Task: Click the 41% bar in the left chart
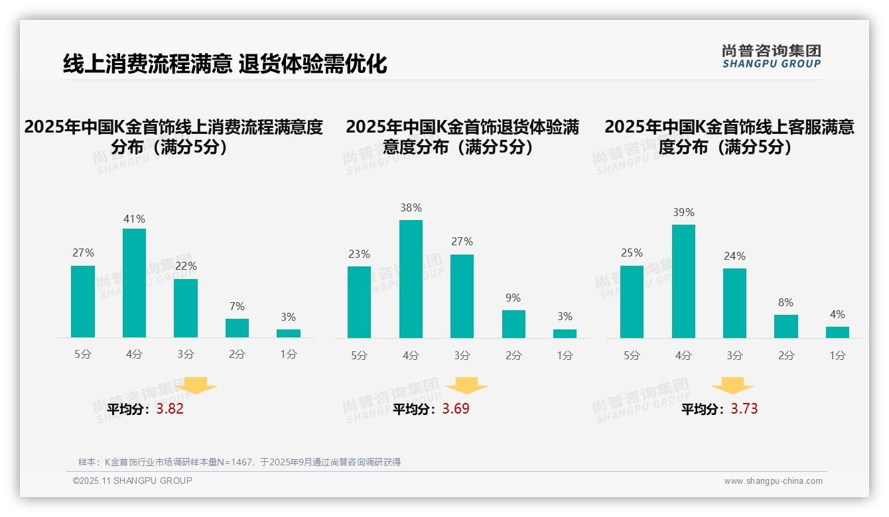pos(134,283)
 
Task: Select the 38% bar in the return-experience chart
pos(411,279)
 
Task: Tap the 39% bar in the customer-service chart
pos(683,281)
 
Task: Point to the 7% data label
pos(237,306)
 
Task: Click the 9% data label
pos(513,298)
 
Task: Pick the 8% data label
pos(786,303)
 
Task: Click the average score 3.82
pos(170,409)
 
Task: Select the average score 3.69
pos(456,409)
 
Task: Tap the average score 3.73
pos(744,409)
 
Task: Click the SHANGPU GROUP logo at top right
pos(771,56)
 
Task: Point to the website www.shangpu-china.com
pos(773,481)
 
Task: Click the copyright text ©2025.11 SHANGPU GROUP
pos(133,481)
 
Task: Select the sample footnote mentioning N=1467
pos(239,462)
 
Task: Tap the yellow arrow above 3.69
pos(466,386)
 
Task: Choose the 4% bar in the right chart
pos(837,332)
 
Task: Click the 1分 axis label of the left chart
pos(289,355)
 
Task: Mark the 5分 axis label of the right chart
pos(632,356)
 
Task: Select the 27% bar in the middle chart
pos(462,296)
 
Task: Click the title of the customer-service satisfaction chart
pos(729,137)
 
